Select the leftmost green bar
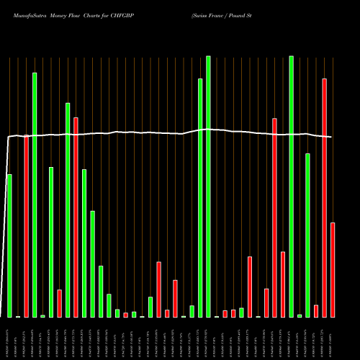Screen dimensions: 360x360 (9, 246)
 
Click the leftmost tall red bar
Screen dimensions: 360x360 (26, 226)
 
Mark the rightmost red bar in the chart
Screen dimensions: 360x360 (333, 270)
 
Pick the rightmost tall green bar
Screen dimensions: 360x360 (307, 235)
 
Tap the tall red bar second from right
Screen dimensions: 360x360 (324, 197)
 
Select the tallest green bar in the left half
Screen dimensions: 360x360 (35, 194)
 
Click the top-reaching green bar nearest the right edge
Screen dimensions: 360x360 (291, 186)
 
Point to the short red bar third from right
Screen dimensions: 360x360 (316, 311)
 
